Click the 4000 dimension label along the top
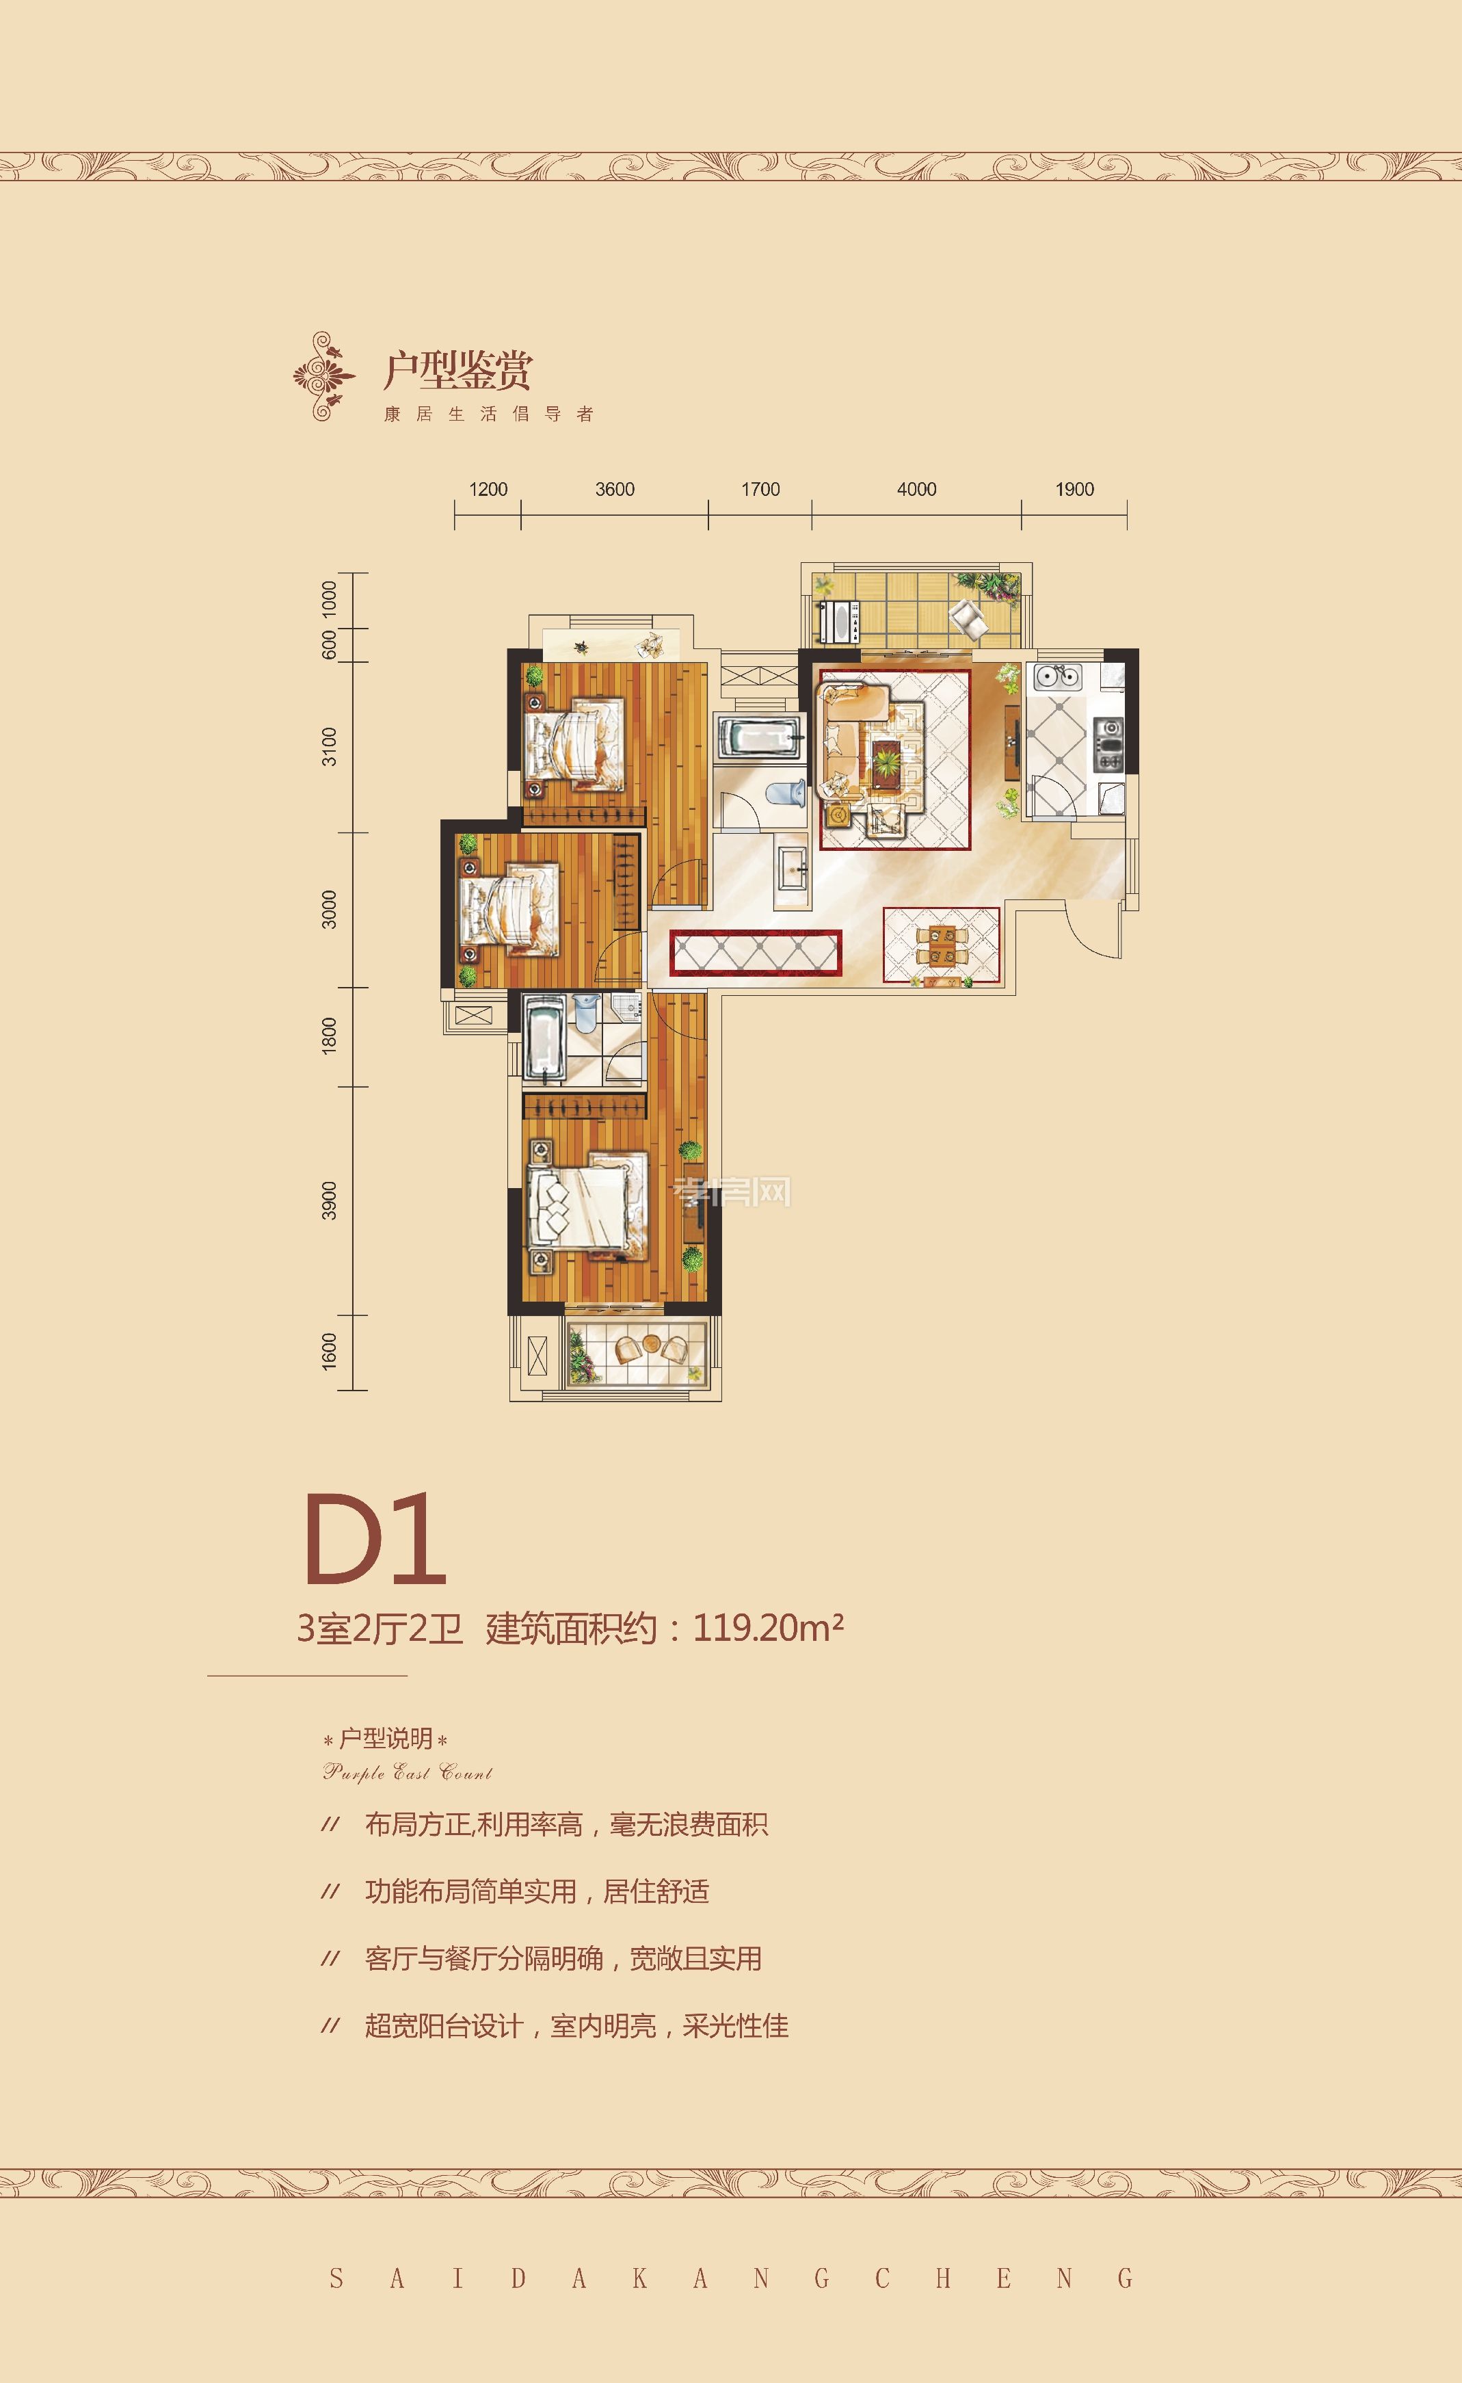916,489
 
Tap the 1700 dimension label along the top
760,489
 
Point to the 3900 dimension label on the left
330,1200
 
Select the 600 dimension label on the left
330,644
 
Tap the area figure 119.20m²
768,1629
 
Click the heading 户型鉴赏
457,369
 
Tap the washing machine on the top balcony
838,621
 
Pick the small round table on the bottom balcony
651,1344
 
